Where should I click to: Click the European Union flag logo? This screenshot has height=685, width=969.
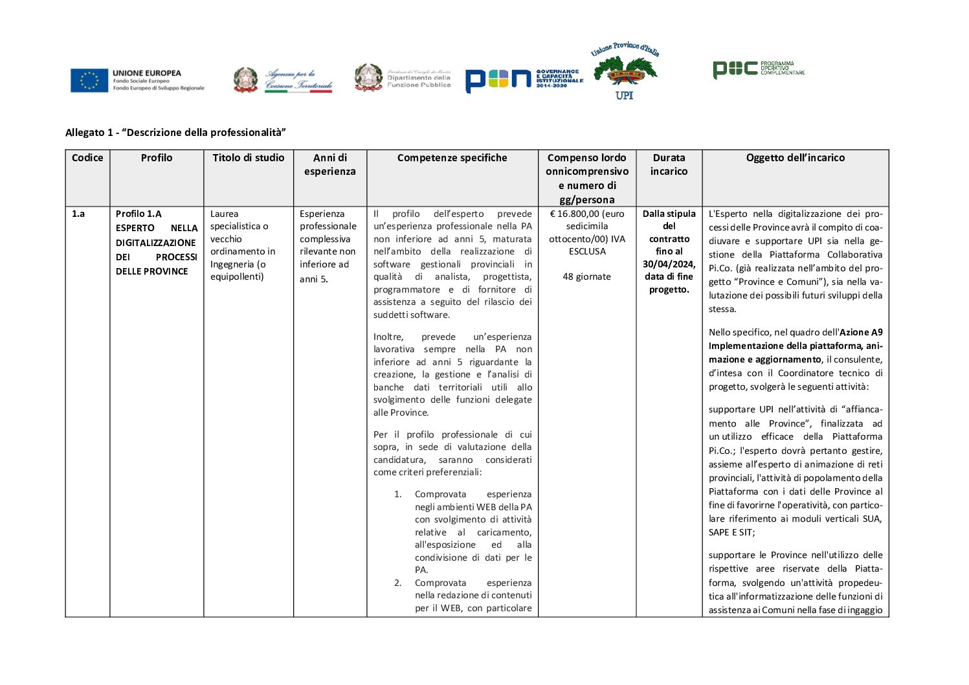(89, 80)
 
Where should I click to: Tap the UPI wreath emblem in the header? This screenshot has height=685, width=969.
(625, 71)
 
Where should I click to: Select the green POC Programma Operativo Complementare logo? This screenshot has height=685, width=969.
(758, 69)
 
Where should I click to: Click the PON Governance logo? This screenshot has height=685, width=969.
(524, 79)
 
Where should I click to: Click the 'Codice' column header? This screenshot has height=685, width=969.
(87, 158)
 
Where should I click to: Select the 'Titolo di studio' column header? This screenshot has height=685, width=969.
(249, 158)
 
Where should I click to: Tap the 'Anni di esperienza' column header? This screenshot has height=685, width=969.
(330, 164)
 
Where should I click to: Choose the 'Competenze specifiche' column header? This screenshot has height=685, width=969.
(452, 158)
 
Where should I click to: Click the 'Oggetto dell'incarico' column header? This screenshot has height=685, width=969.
(795, 158)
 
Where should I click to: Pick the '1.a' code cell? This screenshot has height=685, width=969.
(78, 214)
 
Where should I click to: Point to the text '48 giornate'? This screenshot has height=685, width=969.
(586, 276)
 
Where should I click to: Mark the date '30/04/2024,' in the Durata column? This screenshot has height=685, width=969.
(669, 264)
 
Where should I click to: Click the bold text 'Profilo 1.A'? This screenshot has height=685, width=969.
(139, 214)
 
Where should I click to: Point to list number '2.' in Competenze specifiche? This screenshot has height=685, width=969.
(398, 583)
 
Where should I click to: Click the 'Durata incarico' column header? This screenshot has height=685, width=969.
(669, 164)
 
